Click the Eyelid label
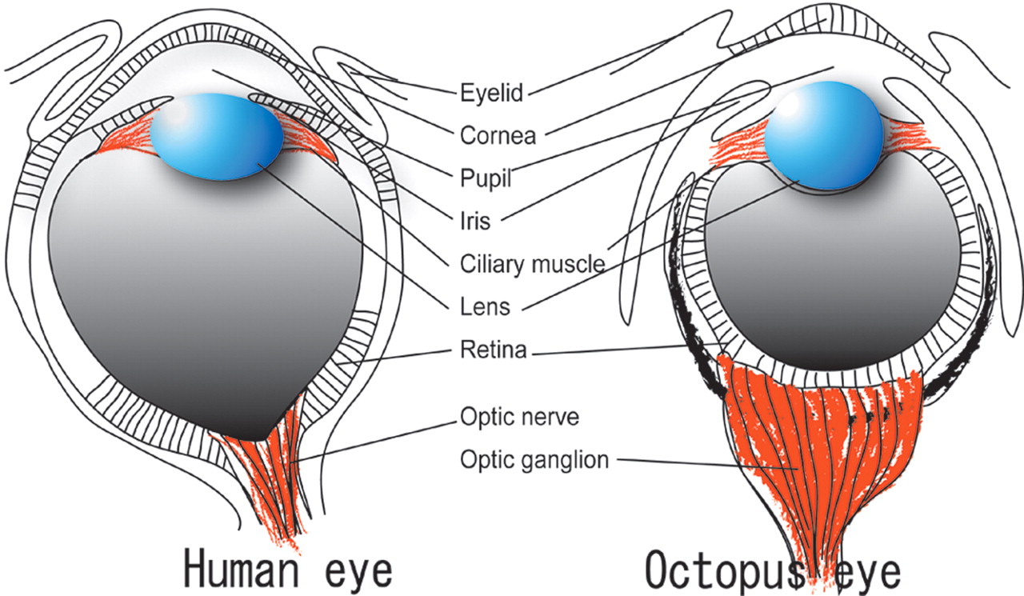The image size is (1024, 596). click(x=491, y=93)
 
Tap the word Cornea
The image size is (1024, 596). click(x=498, y=136)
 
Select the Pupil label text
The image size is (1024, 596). click(x=486, y=178)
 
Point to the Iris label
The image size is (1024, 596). click(x=475, y=222)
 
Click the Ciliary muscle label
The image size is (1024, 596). click(x=533, y=265)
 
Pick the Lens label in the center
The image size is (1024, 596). click(x=485, y=306)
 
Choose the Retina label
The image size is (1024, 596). click(x=494, y=350)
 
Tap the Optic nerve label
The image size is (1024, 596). click(x=520, y=417)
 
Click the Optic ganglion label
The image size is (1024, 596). click(x=534, y=460)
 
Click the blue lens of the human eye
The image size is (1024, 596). click(x=217, y=137)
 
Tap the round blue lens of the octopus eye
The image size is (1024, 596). click(x=824, y=135)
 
